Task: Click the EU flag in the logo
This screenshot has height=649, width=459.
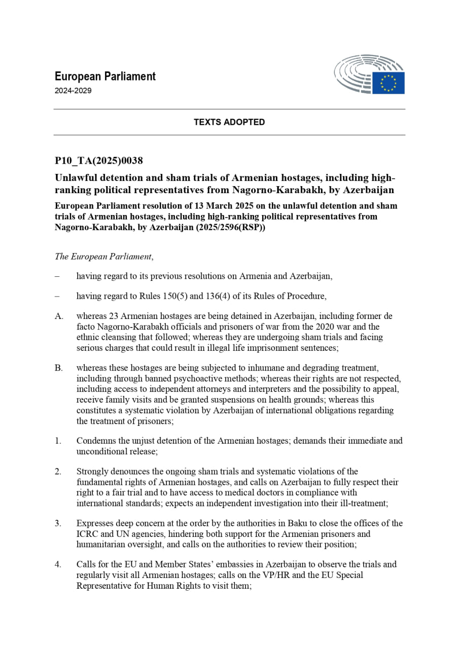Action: [388, 83]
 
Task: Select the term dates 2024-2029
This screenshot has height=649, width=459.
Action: [73, 91]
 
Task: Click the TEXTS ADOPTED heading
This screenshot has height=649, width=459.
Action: [229, 122]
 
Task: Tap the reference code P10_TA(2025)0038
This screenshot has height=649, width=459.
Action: [99, 161]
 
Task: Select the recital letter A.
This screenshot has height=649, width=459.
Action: [59, 316]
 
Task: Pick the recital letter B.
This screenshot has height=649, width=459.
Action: [59, 368]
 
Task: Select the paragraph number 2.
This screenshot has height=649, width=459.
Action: [58, 472]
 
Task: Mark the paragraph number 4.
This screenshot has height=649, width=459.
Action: [58, 564]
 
